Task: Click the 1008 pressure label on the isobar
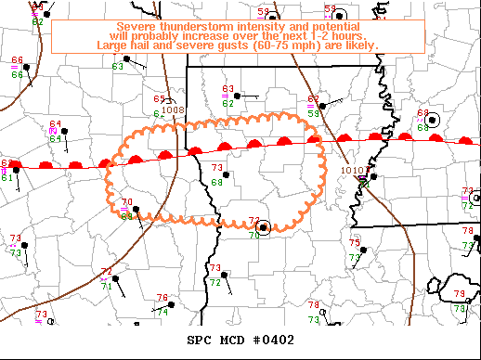click(x=173, y=109)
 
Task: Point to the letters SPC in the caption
click(x=200, y=340)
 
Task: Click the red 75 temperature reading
click(x=355, y=242)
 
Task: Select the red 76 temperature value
click(x=162, y=299)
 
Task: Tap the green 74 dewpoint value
click(x=162, y=312)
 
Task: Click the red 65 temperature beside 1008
click(x=159, y=99)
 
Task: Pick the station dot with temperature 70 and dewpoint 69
click(x=137, y=210)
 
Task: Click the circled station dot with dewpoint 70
click(x=264, y=227)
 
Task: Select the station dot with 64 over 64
click(x=65, y=132)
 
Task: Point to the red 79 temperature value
click(x=459, y=294)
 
